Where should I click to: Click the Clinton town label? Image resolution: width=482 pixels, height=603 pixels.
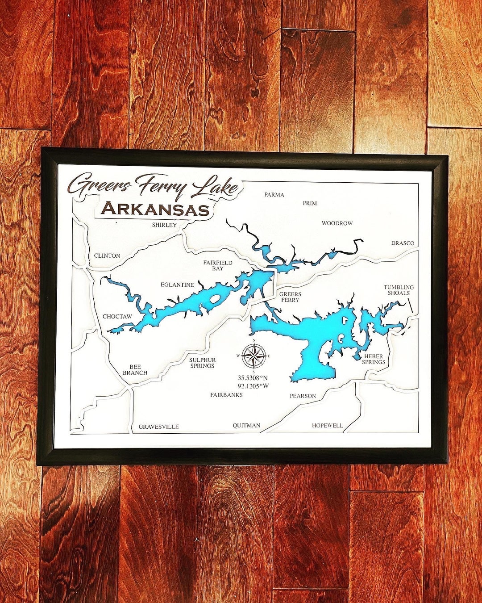107,255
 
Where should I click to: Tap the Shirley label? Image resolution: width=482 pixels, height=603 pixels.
164,225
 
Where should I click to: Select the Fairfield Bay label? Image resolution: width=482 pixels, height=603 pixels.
218,265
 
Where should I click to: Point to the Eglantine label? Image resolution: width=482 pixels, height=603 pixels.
177,285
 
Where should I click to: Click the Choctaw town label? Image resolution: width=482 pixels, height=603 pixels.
117,316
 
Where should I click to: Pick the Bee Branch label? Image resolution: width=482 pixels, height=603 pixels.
135,370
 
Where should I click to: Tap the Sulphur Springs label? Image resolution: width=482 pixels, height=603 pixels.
202,363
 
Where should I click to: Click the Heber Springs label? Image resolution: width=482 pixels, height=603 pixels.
374,359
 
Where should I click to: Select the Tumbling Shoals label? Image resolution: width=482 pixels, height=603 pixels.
399,290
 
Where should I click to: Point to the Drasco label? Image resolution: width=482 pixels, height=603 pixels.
403,243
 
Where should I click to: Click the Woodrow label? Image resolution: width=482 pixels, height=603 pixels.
337,223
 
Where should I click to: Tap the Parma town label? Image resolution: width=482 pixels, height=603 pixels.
274,195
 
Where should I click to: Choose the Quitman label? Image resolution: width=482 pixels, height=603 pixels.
246,425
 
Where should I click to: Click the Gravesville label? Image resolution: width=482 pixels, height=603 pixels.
158,427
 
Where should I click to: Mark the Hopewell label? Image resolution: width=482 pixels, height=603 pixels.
328,425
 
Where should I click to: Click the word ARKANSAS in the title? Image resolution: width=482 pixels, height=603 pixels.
155,209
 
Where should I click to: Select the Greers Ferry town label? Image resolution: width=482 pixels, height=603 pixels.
290,297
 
